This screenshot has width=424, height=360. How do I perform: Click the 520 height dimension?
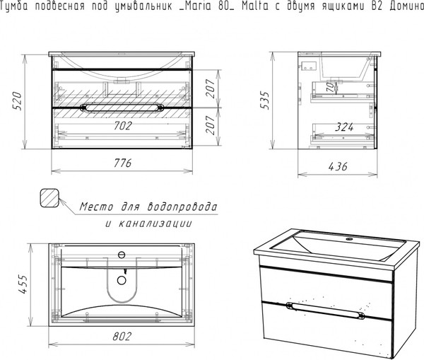[x=17, y=101]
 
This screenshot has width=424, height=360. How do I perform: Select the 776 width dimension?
[x=122, y=163]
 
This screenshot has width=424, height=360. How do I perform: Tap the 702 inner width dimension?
[x=123, y=126]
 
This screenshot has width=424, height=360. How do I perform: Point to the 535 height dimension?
[x=265, y=100]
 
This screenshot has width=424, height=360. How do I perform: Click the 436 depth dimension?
[x=338, y=166]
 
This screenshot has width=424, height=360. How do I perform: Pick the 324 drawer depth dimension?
[x=344, y=127]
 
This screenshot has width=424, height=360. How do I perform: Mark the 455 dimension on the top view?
[x=23, y=284]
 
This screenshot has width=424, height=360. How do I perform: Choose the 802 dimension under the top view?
[x=122, y=336]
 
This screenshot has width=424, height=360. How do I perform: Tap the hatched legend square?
[x=49, y=198]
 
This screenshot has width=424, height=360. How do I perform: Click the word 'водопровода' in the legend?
[x=182, y=207]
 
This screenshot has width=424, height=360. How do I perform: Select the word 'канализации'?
[x=155, y=223]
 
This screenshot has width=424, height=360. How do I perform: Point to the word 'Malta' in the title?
[x=256, y=6]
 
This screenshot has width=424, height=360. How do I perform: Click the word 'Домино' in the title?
[x=407, y=6]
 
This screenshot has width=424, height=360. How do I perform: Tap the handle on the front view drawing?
[x=122, y=108]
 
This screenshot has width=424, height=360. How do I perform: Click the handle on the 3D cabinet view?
[x=325, y=310]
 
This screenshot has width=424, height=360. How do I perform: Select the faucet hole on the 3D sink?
[x=350, y=239]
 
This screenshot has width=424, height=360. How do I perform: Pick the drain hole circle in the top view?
[x=122, y=280]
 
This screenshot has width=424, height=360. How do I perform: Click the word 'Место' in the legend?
[x=96, y=207]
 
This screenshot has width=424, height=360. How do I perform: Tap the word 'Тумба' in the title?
[x=14, y=6]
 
